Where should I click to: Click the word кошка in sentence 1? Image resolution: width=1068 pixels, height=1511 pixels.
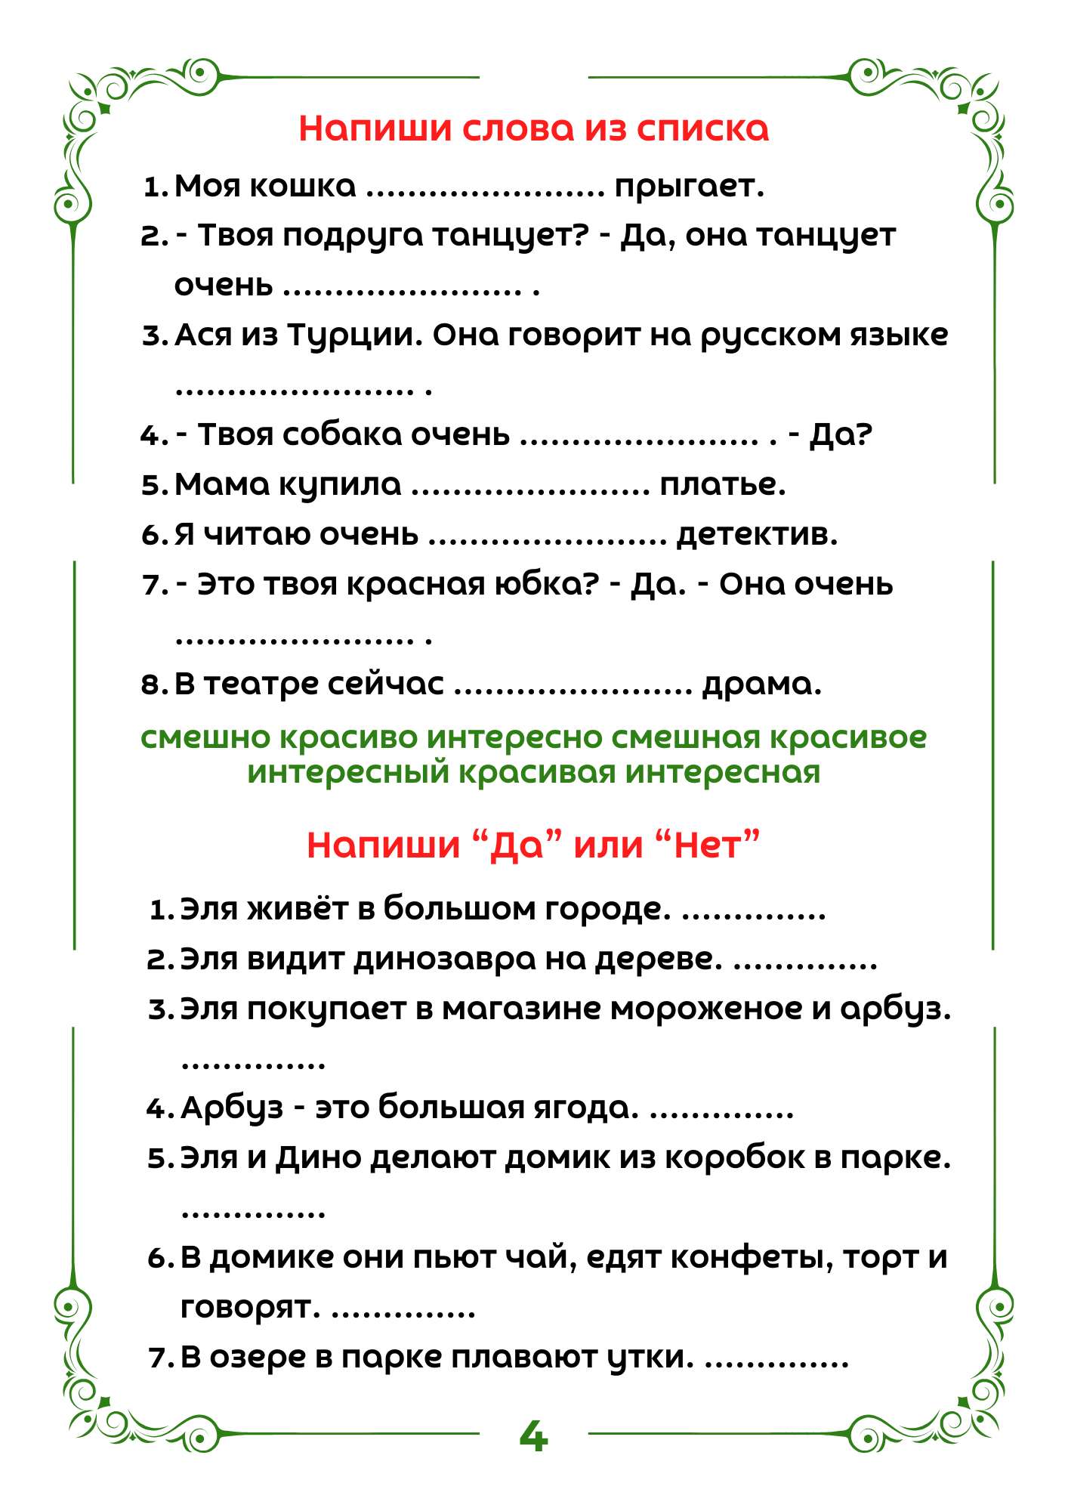click(x=302, y=186)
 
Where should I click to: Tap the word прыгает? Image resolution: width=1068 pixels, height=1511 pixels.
click(x=689, y=187)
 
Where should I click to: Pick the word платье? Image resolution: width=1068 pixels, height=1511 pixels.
click(x=722, y=485)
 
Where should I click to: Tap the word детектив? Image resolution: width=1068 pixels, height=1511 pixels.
click(x=757, y=535)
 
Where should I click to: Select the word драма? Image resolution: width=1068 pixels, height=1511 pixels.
click(x=761, y=684)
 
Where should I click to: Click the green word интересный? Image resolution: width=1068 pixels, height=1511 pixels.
click(x=348, y=773)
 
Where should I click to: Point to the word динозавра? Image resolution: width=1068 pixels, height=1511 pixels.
click(x=445, y=959)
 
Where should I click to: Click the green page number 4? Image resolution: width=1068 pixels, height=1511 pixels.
click(x=533, y=1436)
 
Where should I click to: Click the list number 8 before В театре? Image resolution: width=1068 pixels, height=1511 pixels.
click(x=150, y=685)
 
